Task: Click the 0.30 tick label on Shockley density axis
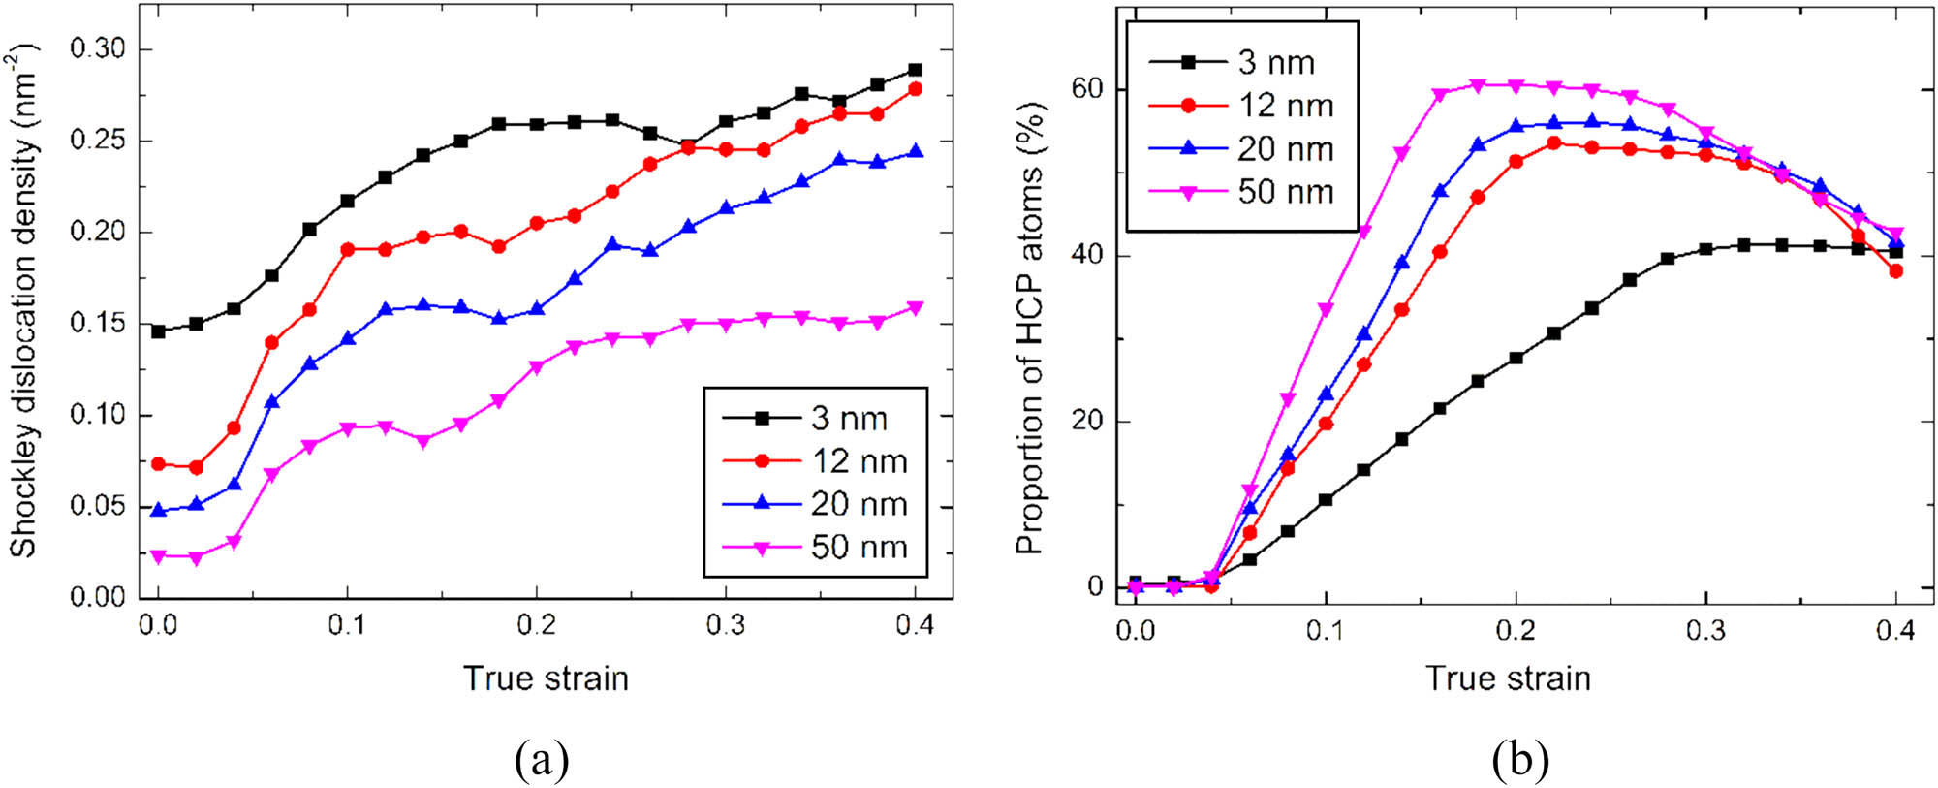click(98, 48)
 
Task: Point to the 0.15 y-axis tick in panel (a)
click(98, 323)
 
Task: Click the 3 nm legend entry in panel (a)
click(814, 418)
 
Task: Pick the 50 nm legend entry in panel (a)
click(814, 548)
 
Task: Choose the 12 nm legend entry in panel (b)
click(1240, 106)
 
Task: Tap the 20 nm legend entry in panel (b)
click(1240, 149)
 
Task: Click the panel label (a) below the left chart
click(542, 760)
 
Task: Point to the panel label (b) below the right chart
click(1520, 760)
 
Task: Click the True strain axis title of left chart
click(546, 678)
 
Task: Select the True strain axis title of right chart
click(1508, 678)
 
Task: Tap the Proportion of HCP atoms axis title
click(1029, 328)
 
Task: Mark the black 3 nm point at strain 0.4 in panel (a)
click(915, 71)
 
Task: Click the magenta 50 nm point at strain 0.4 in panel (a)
click(915, 308)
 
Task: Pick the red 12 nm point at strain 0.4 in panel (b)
click(1895, 271)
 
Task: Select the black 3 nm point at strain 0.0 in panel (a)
click(158, 331)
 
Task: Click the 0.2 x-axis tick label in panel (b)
click(1516, 631)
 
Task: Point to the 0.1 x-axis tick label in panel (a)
click(347, 626)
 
